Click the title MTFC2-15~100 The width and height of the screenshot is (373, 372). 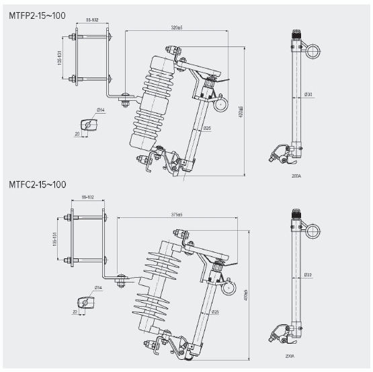coord(38,184)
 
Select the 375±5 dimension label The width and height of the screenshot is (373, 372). coord(177,215)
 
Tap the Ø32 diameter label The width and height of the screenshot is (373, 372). coord(308,275)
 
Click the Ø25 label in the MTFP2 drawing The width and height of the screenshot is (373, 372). coord(207,128)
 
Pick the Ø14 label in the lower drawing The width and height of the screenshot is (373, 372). coord(97,287)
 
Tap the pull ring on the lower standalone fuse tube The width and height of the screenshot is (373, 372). coord(313,231)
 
